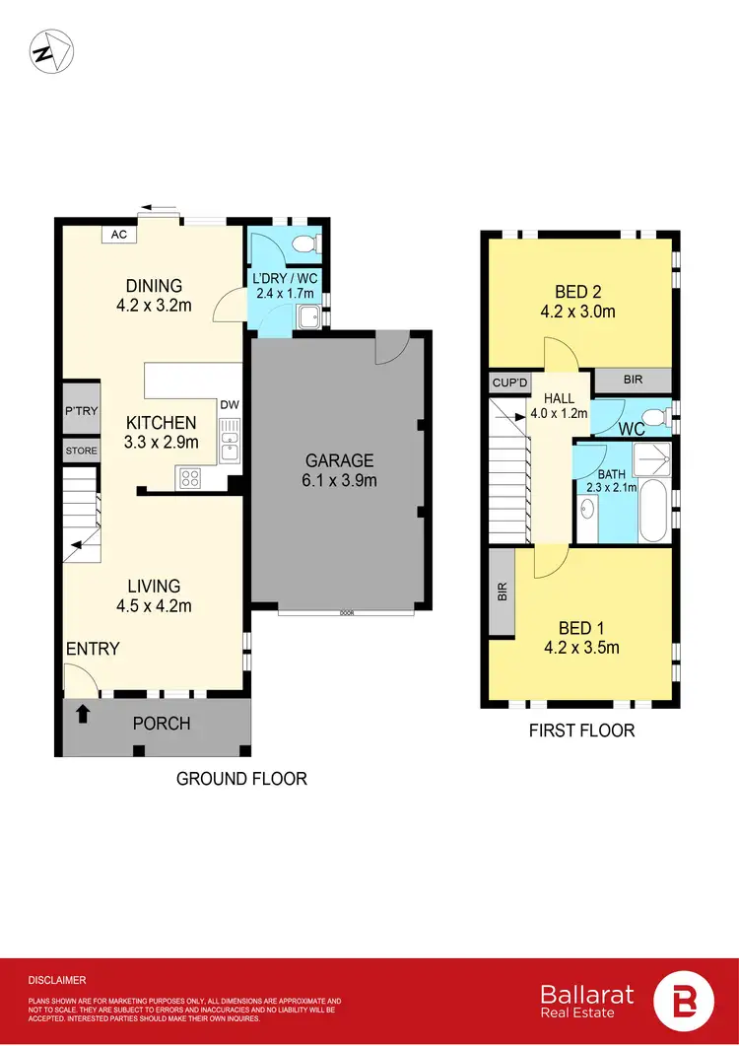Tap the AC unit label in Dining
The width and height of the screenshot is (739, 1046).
coord(119,235)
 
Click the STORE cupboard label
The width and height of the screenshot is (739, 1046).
coord(81,452)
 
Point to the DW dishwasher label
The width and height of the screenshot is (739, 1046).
coord(230,404)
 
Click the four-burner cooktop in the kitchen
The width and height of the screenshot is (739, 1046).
coord(189,478)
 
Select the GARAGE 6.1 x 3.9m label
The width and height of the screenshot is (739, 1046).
coord(339,470)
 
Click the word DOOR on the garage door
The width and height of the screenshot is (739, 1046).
coord(346,612)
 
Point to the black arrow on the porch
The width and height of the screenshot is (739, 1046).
coord(83,714)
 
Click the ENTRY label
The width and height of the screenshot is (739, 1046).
coord(93,649)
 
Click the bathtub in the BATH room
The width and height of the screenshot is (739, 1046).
coord(652,511)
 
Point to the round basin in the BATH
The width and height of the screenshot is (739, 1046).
coord(587,510)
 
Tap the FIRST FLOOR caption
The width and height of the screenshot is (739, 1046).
coord(581,731)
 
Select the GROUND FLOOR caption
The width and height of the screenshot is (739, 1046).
coord(241,779)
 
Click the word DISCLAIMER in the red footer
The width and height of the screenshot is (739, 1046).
coord(57,980)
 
